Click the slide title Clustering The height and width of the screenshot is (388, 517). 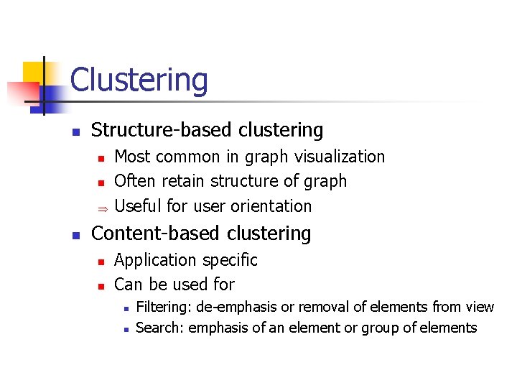(139, 80)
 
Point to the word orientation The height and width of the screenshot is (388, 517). (271, 206)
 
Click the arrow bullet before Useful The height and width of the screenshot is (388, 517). (102, 207)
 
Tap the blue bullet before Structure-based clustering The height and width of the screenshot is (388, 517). (75, 131)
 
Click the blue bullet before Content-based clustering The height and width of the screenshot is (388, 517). (75, 235)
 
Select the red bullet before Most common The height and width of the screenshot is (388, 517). (102, 157)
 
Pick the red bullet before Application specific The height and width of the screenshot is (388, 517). (102, 262)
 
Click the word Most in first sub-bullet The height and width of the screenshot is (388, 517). (129, 157)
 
